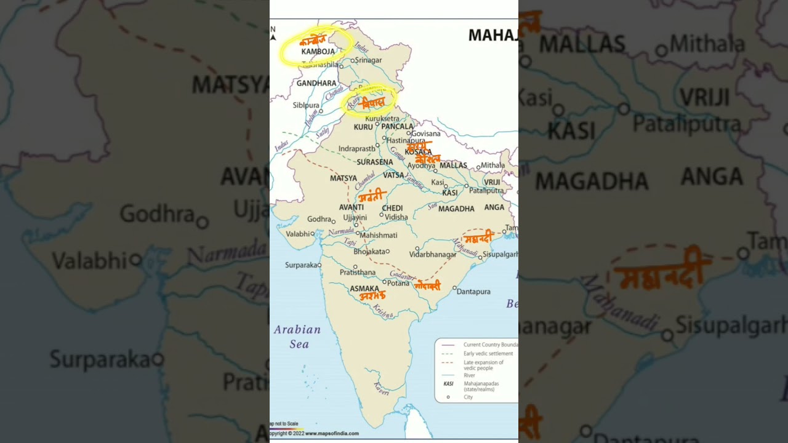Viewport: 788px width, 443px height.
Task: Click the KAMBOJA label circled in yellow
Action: (x=318, y=52)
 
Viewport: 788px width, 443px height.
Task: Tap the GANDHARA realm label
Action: (x=316, y=83)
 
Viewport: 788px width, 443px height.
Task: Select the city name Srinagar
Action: (x=368, y=60)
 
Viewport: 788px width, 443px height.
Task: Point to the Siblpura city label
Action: (x=306, y=105)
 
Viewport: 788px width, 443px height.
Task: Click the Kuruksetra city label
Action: (x=382, y=118)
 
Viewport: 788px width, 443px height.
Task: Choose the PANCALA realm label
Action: (x=397, y=127)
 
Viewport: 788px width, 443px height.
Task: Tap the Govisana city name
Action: (x=425, y=134)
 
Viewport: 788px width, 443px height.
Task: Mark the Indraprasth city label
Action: (x=356, y=149)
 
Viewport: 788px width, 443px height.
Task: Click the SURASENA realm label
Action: (x=375, y=162)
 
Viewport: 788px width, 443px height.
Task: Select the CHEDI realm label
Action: (x=392, y=209)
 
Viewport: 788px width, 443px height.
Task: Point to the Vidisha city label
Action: (x=396, y=217)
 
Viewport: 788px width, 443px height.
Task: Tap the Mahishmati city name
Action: (x=379, y=235)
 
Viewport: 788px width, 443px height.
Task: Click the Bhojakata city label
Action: (x=369, y=252)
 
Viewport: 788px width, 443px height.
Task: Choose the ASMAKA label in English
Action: (x=364, y=289)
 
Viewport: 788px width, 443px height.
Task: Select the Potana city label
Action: (x=398, y=283)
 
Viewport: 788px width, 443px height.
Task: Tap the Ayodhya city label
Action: (x=421, y=166)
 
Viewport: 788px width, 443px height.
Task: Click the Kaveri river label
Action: (x=381, y=388)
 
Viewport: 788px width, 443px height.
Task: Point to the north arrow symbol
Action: (x=273, y=34)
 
